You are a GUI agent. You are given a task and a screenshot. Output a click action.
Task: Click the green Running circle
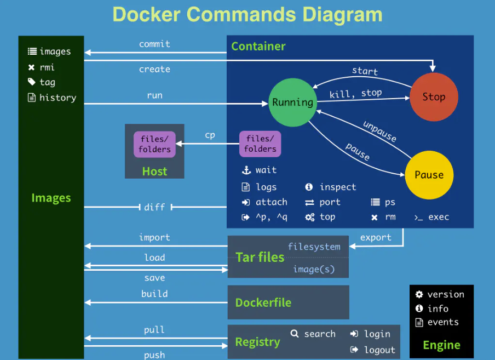click(293, 102)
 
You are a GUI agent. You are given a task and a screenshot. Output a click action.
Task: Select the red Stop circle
click(434, 97)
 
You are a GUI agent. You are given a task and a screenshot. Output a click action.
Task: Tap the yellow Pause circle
click(429, 175)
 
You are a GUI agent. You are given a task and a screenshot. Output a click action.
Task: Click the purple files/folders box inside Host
click(155, 144)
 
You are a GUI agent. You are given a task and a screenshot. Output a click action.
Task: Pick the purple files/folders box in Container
click(260, 144)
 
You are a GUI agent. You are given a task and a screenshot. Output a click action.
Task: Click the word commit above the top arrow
click(154, 44)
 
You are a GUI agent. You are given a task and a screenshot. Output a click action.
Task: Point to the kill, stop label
click(355, 94)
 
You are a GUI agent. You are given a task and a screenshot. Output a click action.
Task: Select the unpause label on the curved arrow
click(379, 132)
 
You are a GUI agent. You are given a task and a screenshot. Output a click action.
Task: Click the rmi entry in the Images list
click(47, 67)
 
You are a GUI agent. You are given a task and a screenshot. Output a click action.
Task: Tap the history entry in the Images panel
click(57, 98)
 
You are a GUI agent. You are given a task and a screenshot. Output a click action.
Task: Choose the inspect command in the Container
click(338, 187)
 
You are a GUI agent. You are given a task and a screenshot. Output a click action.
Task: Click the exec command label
click(439, 217)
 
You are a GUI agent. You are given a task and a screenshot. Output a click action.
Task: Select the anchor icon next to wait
click(246, 170)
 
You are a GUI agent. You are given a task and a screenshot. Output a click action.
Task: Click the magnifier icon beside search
click(295, 334)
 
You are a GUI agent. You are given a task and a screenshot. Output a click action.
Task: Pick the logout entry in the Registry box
click(379, 350)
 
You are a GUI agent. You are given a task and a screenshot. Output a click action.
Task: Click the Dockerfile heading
click(263, 302)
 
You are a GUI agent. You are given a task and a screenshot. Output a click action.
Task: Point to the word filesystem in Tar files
click(314, 247)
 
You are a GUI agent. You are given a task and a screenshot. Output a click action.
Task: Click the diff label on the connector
click(154, 207)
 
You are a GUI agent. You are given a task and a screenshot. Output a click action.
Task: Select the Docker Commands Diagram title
click(248, 14)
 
